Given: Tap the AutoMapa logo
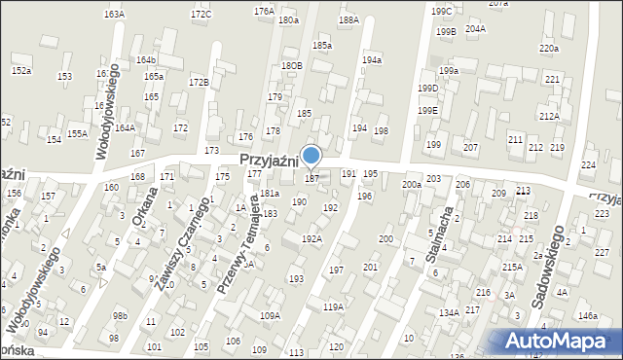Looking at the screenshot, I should tap(561, 342).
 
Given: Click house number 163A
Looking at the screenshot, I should tap(114, 15).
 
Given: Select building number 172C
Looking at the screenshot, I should tap(202, 15).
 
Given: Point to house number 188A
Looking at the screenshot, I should tap(348, 19).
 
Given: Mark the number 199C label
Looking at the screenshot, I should tap(442, 11).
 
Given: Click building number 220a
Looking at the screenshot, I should tap(549, 48).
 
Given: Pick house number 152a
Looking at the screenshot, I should tap(20, 71).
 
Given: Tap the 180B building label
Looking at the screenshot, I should tap(292, 65).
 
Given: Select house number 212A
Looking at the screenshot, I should tap(549, 116).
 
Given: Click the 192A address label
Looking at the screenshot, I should tap(311, 238).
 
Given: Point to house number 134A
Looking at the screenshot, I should tap(449, 312).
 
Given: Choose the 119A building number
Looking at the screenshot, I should tap(334, 306).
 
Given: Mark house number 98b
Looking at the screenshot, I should tap(119, 316).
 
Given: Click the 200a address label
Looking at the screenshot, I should tap(412, 183).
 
